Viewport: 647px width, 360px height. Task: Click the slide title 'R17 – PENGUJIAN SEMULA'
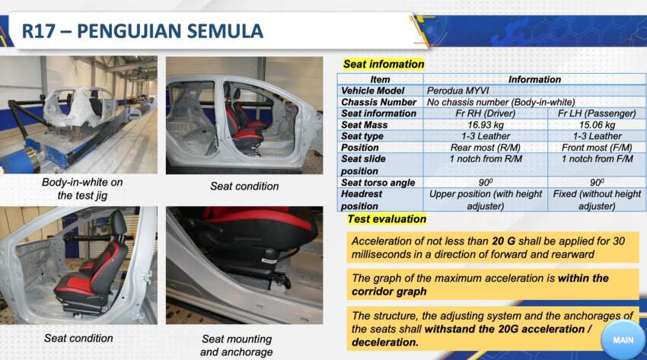[x=142, y=31]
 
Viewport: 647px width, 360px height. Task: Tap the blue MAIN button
[x=623, y=339]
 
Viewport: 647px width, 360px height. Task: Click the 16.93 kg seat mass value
[x=486, y=125]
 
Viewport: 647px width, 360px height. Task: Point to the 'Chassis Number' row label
[x=379, y=102]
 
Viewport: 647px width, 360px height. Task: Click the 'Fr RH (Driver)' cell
[x=486, y=113]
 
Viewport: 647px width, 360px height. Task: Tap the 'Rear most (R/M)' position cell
[x=486, y=148]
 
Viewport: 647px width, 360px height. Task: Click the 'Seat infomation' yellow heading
[x=384, y=65]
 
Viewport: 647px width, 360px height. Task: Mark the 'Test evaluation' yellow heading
[x=387, y=219]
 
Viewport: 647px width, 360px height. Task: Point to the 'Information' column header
[x=534, y=79]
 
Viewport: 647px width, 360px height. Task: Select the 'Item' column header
[x=380, y=79]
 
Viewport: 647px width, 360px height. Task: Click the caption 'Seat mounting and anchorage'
[x=236, y=346]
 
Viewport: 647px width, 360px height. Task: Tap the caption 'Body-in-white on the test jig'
[x=82, y=189]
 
